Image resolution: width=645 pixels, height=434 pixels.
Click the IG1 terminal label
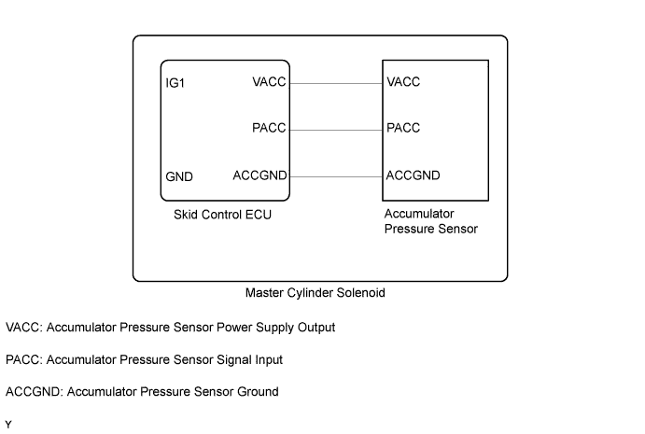[x=175, y=83]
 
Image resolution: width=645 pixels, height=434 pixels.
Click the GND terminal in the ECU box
[x=179, y=176]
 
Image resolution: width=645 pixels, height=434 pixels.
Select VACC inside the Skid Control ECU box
[x=270, y=82]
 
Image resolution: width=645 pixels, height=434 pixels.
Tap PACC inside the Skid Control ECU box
[x=270, y=129]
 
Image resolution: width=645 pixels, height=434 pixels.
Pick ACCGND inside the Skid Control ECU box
[x=259, y=175]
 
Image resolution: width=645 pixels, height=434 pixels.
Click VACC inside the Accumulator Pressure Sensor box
[x=404, y=82]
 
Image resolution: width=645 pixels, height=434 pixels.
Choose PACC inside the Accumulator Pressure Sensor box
[x=404, y=129]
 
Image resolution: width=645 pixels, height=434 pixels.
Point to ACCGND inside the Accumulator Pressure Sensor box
[x=414, y=175]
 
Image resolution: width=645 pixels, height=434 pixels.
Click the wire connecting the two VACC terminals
[x=336, y=82]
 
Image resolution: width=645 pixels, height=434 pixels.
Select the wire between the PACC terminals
[x=336, y=129]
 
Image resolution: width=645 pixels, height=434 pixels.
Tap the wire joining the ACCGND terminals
[x=336, y=175]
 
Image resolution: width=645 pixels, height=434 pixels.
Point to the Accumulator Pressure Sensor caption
[x=431, y=221]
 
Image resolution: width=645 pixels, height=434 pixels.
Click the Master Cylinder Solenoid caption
[x=315, y=292]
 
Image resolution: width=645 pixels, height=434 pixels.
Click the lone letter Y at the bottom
[x=7, y=426]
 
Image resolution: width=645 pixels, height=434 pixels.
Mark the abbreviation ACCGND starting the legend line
[x=32, y=392]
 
